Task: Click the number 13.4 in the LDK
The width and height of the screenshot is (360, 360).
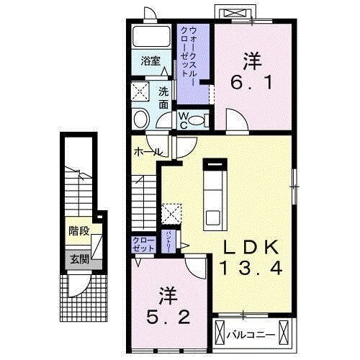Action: click(250, 268)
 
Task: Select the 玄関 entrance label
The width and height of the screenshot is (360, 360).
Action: click(79, 258)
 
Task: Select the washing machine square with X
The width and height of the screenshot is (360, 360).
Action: click(141, 91)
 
